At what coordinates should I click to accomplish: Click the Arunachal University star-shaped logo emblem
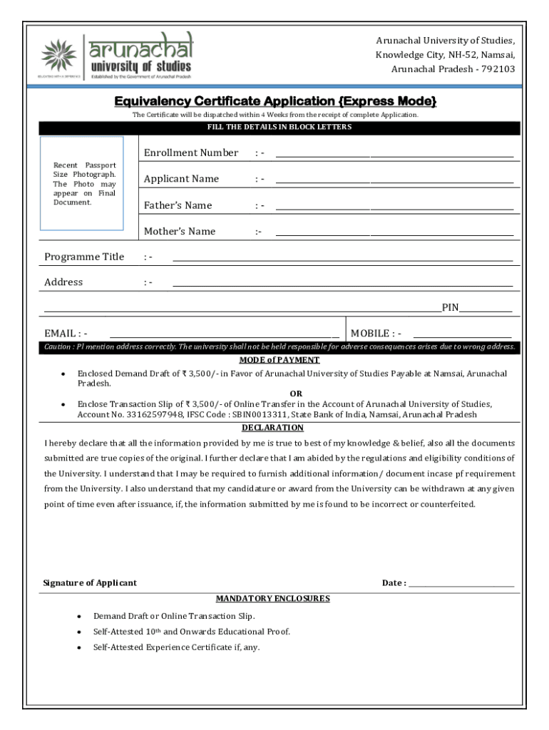pos(58,56)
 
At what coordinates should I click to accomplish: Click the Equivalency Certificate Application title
pos(274,101)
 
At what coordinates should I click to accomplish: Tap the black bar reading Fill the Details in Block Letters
pos(279,128)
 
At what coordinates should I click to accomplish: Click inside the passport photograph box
pos(81,183)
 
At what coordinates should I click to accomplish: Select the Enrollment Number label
pos(191,153)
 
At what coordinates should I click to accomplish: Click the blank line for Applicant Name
pos(394,182)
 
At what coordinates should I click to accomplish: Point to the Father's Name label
pos(178,205)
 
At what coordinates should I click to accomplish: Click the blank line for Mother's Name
pos(394,234)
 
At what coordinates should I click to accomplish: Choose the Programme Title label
pos(84,257)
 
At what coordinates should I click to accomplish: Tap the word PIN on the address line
pos(450,308)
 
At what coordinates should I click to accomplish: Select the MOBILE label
pos(370,334)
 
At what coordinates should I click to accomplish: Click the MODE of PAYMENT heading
pos(279,360)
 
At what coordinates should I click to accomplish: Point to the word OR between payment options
pos(296,394)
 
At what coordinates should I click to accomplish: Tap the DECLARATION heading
pos(272,428)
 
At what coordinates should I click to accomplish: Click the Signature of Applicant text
pos(90,583)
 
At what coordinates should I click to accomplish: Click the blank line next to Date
pos(461,585)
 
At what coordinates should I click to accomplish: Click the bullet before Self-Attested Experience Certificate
pos(78,648)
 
